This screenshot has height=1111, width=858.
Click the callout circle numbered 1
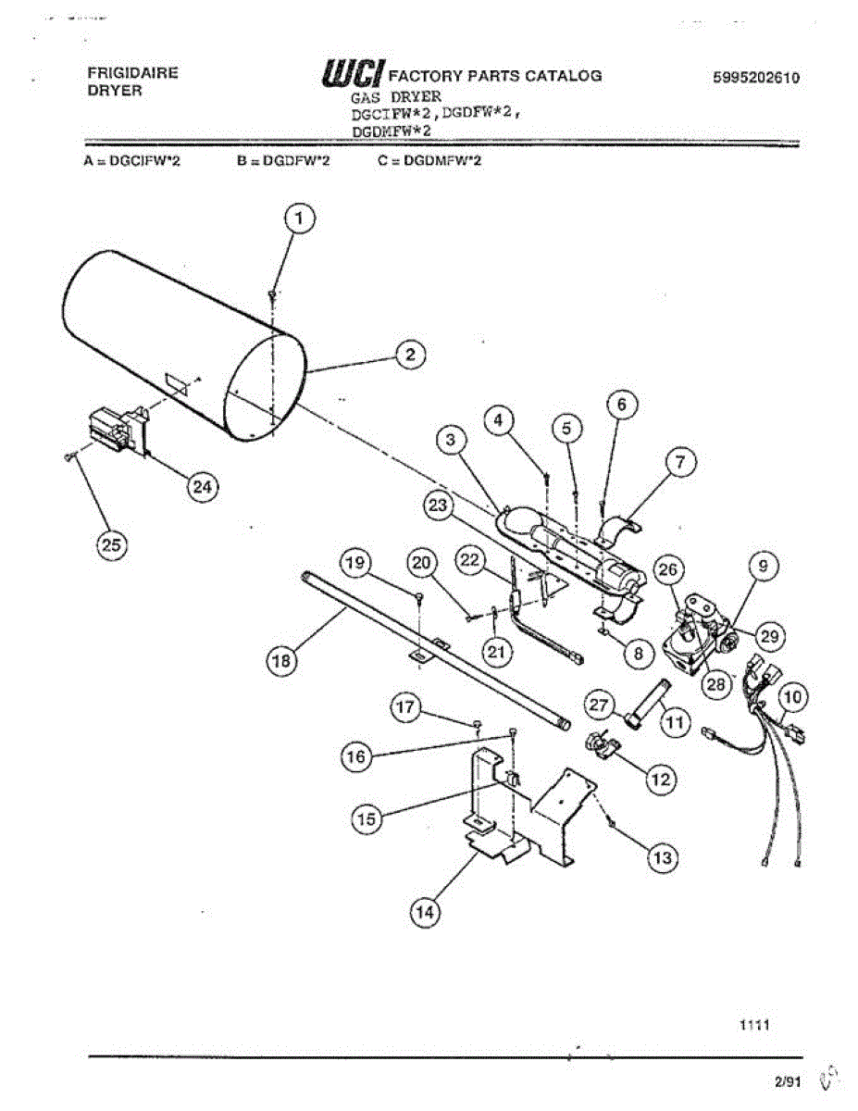[297, 219]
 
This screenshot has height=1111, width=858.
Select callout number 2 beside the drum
[410, 353]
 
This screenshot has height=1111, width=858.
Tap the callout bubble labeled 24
[201, 484]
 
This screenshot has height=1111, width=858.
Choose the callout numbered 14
[424, 912]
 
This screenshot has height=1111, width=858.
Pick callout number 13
[661, 858]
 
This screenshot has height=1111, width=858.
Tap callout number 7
[680, 462]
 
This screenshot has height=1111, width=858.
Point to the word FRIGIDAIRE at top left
[132, 72]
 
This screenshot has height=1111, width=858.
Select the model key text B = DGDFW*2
[284, 161]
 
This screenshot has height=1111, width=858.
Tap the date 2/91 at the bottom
[788, 1080]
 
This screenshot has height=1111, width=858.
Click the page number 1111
[755, 1025]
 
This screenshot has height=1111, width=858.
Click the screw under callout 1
[271, 293]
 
